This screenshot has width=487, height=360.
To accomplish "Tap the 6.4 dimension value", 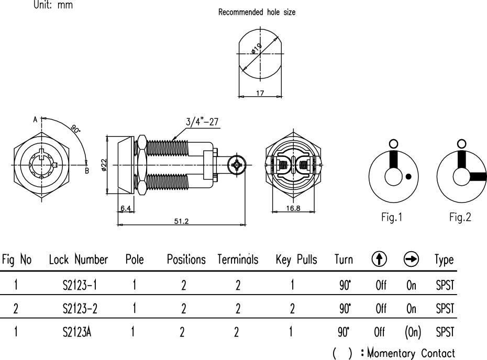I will tap(125, 208).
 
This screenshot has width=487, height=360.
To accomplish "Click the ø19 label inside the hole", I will tap(256, 50).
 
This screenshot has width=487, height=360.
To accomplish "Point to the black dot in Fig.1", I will tap(408, 176).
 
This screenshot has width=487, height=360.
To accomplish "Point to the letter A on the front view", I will tap(36, 119).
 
